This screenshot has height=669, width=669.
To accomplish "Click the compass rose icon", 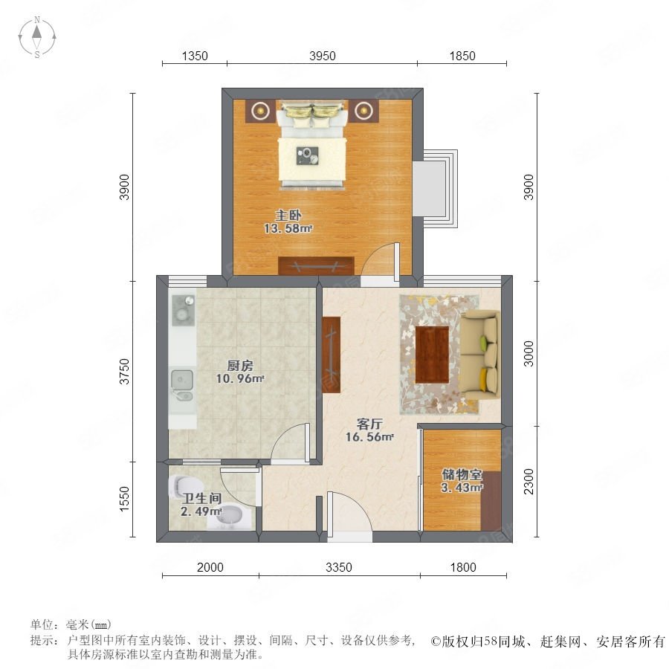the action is point(37,37).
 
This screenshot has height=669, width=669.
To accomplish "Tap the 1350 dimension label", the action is point(195,56).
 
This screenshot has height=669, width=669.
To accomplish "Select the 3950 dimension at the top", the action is point(322,56).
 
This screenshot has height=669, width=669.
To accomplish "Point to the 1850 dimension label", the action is point(462,56).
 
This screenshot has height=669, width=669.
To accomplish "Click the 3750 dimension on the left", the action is point(124,371).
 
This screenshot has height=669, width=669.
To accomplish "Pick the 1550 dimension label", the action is point(124,499).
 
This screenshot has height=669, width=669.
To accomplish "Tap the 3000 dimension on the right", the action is point(529,353).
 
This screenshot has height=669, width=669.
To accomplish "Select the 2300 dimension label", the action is point(529,481).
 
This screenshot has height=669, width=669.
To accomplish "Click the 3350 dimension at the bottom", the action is point(339,567).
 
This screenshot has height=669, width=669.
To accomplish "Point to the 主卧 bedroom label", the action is point(288,215).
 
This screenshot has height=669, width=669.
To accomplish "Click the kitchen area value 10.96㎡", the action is point(240,378).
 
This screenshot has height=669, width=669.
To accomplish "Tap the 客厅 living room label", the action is point(369,424).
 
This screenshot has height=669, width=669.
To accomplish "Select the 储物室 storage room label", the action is point(462,474).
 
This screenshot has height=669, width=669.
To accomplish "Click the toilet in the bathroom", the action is point(186,487).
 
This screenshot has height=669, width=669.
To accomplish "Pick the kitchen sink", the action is point(182,385).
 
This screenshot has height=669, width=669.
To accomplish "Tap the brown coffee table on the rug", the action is point(432,355).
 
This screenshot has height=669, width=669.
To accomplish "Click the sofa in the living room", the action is point(479,355).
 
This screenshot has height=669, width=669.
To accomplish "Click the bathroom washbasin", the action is point(230,517).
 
